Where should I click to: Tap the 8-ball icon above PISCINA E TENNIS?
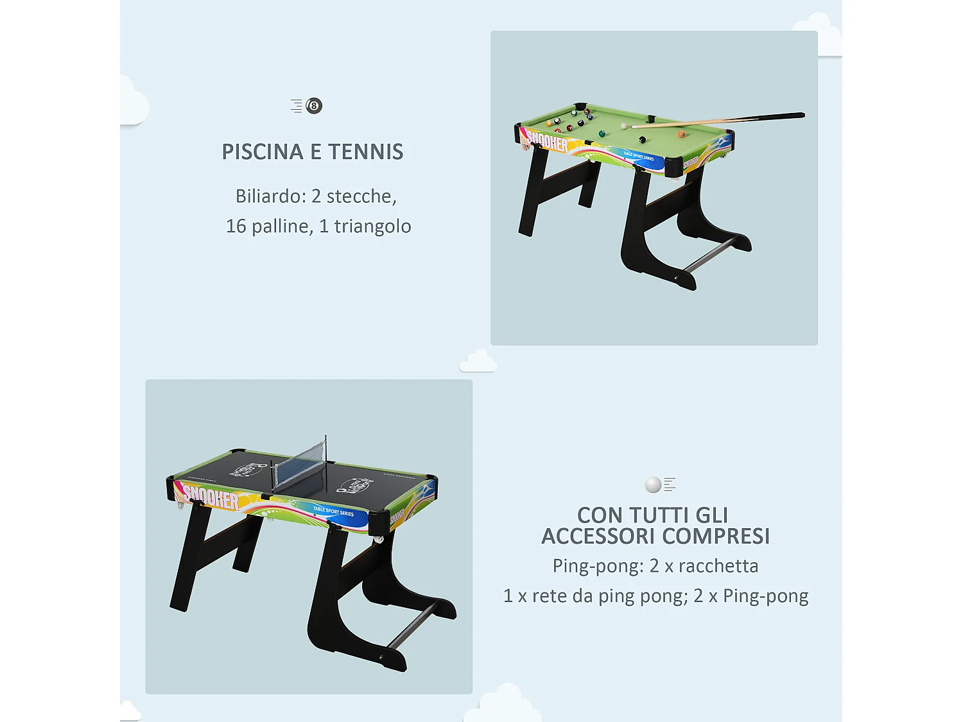[x=314, y=106]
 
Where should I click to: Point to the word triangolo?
[x=372, y=227]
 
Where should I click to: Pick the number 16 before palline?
[x=236, y=227]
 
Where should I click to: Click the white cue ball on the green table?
[x=624, y=126]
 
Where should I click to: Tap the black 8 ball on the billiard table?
[x=641, y=140]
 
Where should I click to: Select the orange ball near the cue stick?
[x=681, y=135]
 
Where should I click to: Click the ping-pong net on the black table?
[x=300, y=464]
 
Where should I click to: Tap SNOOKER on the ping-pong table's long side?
[x=211, y=497]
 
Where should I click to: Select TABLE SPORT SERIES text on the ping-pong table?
[x=333, y=512]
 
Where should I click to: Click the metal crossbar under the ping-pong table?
[x=412, y=625]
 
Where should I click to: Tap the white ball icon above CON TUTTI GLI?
[x=653, y=485]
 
